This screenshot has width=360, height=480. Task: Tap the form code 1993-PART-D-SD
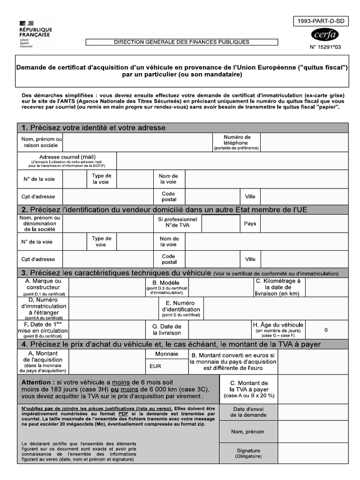coord(321,21)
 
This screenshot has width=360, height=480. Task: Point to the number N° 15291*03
coord(325,47)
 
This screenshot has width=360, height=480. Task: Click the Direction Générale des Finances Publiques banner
coord(181,42)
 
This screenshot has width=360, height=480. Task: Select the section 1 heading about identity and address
coord(93,127)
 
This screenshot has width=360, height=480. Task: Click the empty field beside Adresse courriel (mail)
coord(232,161)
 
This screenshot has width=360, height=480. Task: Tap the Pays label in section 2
coord(250,224)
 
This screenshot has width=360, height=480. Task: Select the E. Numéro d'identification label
coord(180,309)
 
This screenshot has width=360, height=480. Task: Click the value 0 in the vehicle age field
coord(326,330)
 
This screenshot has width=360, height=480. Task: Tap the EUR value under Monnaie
coord(155,366)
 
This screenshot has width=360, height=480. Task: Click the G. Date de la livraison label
coord(167,330)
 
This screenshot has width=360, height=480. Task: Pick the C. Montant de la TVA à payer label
coord(249,389)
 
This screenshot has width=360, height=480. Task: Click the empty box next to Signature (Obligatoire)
coord(313,453)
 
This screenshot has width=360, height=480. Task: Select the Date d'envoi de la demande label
coord(249,412)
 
